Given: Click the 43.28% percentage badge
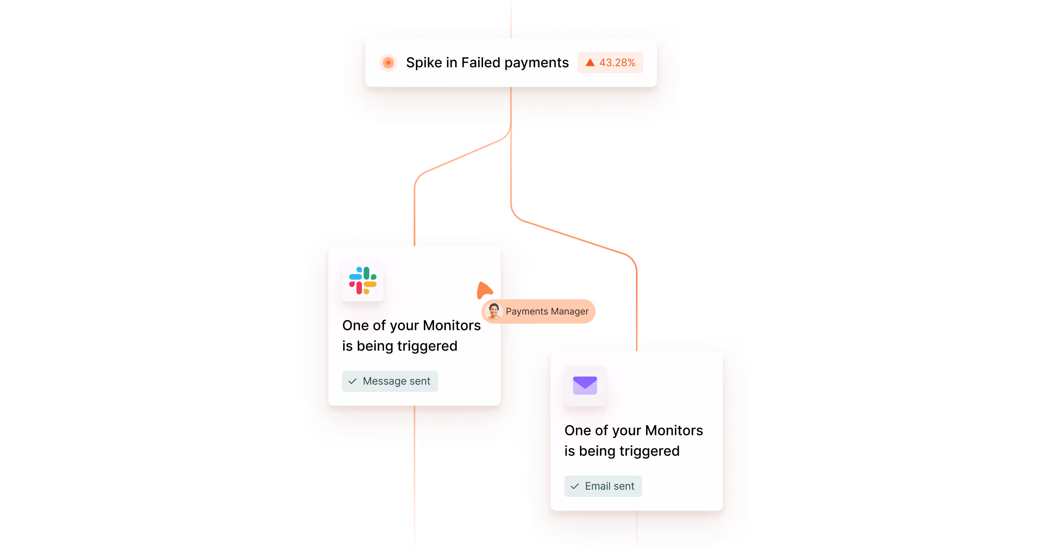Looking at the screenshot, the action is [610, 62].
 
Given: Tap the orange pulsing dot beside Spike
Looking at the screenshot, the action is [388, 62].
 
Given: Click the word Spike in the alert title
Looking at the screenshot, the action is [424, 62].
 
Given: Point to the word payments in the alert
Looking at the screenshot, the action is [536, 62].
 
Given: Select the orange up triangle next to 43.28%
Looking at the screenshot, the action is [590, 62].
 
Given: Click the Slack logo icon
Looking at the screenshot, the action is [363, 280].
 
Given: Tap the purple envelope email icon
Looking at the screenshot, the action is [585, 385].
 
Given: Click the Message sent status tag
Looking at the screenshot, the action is [390, 381].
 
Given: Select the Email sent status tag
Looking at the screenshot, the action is [603, 486].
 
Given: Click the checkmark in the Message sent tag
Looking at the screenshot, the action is [352, 381].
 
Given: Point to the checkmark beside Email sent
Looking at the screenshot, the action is [575, 486].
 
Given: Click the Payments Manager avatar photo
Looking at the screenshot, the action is [494, 311].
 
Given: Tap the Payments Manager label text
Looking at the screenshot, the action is [547, 311].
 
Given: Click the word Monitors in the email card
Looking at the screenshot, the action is [674, 430].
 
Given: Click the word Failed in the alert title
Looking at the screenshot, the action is [481, 62].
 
